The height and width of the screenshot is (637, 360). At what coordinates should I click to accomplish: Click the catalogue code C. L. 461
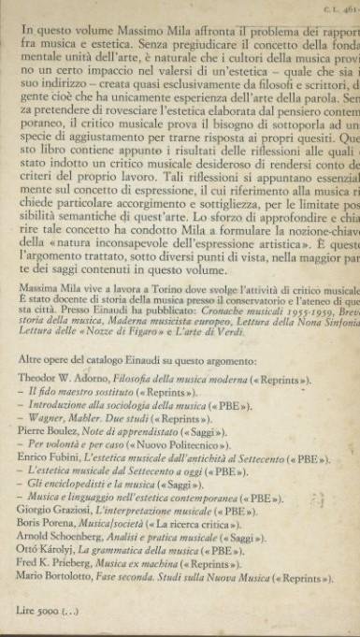[337, 7]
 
